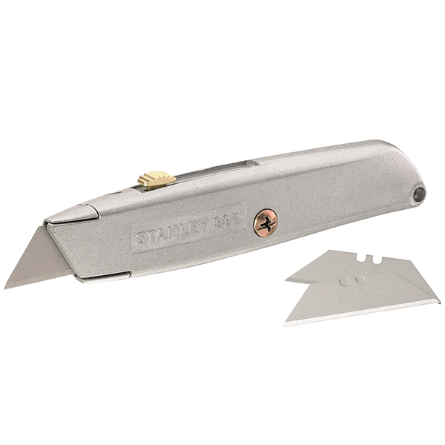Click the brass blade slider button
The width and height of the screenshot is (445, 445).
156,180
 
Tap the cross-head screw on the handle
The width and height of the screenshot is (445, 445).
265,222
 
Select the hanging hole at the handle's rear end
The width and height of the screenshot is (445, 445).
419,194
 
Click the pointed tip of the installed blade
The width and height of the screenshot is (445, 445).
7,286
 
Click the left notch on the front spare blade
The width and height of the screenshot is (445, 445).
343,281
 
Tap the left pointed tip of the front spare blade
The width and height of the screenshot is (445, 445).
286,323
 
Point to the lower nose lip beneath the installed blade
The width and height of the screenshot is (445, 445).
96,277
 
